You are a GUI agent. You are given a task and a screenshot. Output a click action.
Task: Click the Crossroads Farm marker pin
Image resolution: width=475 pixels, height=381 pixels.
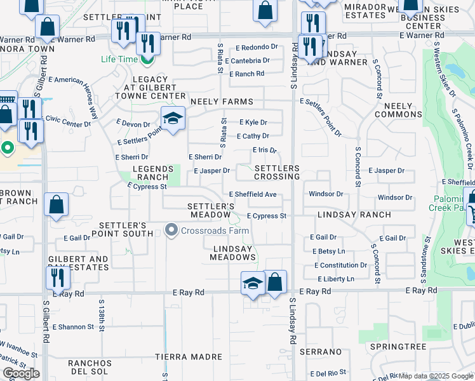point(171,230)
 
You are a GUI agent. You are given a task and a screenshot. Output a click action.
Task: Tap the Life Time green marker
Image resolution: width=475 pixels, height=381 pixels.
point(147,60)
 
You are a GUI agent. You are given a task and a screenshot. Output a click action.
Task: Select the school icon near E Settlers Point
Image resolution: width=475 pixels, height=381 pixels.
point(172,118)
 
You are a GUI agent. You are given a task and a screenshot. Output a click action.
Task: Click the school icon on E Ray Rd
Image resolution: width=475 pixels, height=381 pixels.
point(253,283)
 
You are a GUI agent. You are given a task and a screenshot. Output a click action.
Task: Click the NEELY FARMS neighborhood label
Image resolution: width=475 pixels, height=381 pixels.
point(220,102)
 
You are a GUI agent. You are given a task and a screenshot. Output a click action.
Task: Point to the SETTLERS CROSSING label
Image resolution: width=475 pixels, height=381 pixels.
point(277,172)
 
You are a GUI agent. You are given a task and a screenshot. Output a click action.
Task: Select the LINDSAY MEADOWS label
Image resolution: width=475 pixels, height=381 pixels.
point(234,253)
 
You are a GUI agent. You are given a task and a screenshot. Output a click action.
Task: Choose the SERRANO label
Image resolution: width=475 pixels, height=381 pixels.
point(321,351)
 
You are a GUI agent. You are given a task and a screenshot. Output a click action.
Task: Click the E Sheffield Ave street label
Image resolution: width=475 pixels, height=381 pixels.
point(253,194)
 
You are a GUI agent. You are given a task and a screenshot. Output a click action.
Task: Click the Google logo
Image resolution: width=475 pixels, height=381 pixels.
point(21,373)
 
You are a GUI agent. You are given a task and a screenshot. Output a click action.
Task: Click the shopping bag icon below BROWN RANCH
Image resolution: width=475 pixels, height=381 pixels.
point(57,205)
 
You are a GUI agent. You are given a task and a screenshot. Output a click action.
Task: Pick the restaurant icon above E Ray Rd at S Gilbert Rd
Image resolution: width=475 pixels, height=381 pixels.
point(58,277)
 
